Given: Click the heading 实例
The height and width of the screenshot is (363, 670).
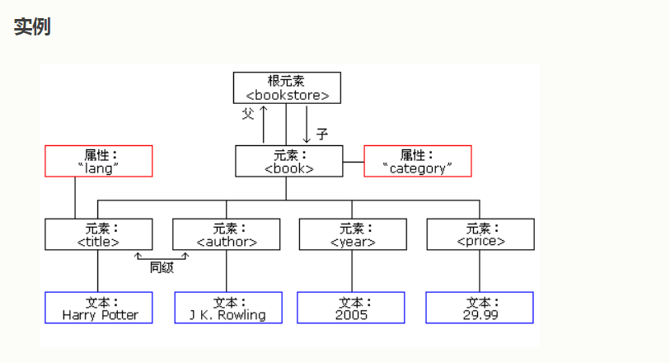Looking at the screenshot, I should pos(32,26).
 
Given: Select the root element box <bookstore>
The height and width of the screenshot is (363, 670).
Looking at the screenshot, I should pos(287,87).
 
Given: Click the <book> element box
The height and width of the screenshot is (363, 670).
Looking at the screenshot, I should pos(288,161).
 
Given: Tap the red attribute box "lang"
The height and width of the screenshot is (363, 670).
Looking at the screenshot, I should pos(99,161).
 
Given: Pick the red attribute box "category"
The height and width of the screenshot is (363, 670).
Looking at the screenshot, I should pos(418,161).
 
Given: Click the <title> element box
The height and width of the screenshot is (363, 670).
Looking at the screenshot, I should pos(99,234).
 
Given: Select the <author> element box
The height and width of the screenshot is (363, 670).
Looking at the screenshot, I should pos(227,234).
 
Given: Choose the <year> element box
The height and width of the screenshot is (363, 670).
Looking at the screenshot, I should pos(353,234).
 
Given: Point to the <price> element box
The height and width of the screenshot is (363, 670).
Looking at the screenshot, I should pos(480,234).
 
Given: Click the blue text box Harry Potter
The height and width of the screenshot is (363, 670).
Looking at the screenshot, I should pos(99,308).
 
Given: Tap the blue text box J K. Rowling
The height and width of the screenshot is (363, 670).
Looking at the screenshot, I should pos(227,308).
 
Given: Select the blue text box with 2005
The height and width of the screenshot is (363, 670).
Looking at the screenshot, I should pos(352,308).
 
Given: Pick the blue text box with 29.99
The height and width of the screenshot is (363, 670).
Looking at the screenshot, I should pos(480,308).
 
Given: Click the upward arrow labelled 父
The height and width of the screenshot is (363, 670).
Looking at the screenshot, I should pos(264,124).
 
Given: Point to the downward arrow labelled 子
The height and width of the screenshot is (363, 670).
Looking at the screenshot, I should pos(307,124).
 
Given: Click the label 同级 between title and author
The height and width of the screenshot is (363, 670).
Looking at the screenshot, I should pos(162,267).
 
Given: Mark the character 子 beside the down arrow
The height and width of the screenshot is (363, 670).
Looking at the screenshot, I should pos(322,132).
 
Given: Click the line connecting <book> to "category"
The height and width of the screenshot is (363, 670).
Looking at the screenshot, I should pos(353,162).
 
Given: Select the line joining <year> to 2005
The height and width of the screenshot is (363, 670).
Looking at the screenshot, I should pos(352,271).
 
